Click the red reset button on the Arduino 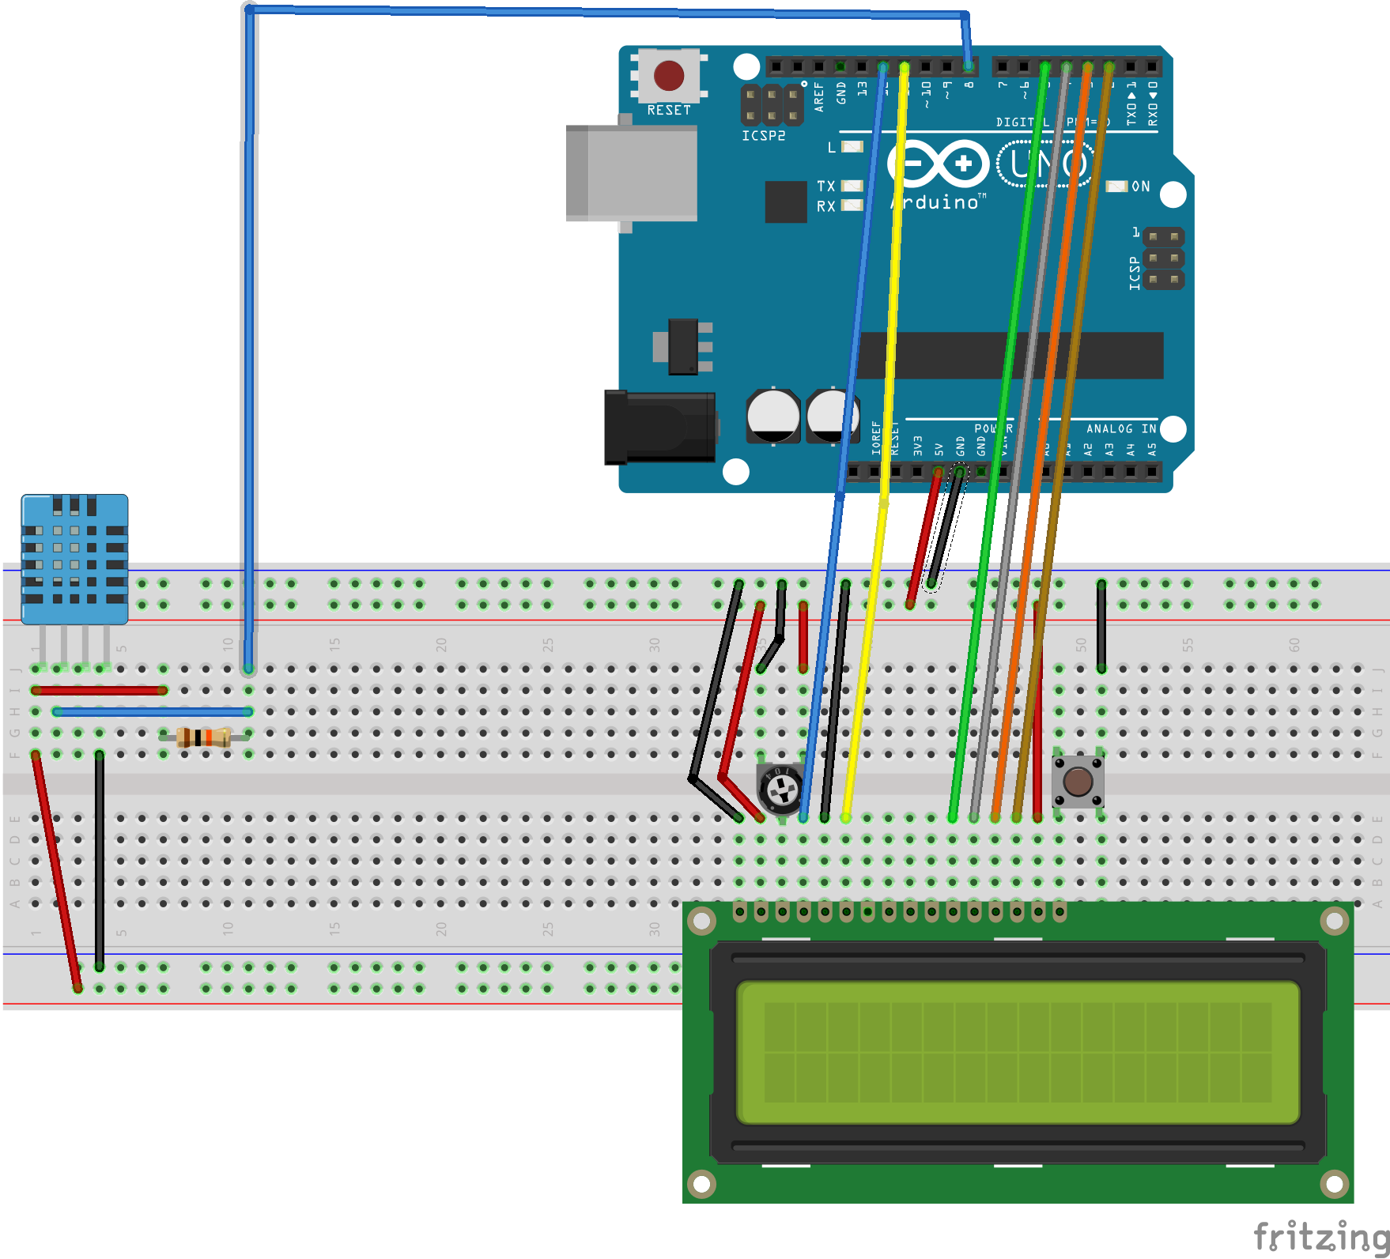tap(669, 76)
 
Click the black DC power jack tap(659, 428)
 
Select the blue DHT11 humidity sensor tap(74, 558)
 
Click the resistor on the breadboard tap(204, 737)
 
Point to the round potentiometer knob tap(782, 788)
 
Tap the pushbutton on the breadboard tap(1078, 782)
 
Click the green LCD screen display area tap(1018, 1052)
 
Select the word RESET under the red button tap(669, 111)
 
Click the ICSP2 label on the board tap(763, 136)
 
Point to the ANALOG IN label tap(1120, 428)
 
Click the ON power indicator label tap(1140, 187)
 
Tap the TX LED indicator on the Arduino tap(852, 186)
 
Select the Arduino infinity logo tap(939, 164)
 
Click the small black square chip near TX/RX tap(786, 202)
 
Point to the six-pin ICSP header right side tap(1163, 258)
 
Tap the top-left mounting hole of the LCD tap(701, 920)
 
